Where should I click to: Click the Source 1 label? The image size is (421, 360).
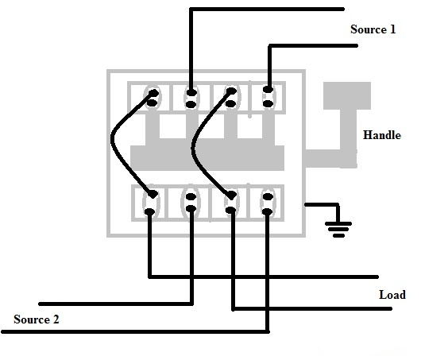click(373, 29)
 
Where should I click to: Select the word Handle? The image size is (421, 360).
click(381, 135)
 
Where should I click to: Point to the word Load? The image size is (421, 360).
click(392, 295)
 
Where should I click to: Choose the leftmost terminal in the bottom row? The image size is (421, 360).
click(151, 202)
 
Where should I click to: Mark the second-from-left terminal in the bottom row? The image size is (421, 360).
click(191, 202)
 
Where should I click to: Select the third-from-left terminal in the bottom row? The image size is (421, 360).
click(230, 202)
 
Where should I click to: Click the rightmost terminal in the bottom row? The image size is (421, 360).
click(268, 202)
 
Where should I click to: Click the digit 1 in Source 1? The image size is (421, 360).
click(392, 29)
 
